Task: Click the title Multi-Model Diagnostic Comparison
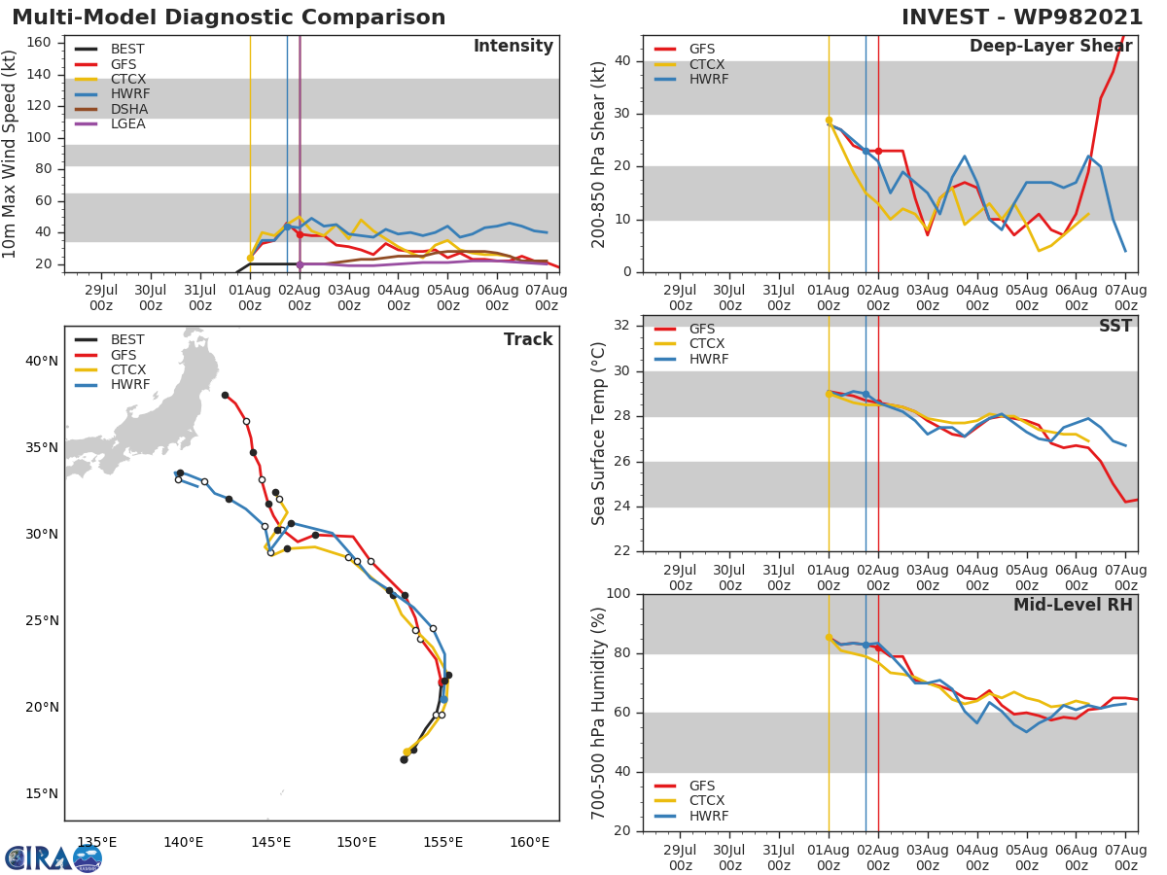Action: [x=229, y=17]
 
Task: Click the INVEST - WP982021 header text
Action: [x=1021, y=17]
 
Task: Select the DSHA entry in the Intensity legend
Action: [x=128, y=109]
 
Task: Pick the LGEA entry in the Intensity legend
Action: [x=128, y=124]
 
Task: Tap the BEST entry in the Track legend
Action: [x=127, y=339]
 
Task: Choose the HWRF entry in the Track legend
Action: [x=129, y=385]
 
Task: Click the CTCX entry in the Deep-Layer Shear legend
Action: [x=708, y=64]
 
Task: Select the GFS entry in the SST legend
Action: [x=703, y=329]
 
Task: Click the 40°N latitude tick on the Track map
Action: [x=41, y=362]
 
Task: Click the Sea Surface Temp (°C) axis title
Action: [x=599, y=433]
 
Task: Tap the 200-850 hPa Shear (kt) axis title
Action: [x=599, y=154]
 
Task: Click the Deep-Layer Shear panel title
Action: [x=1050, y=47]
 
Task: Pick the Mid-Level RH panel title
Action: [x=1073, y=605]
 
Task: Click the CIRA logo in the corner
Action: [x=53, y=857]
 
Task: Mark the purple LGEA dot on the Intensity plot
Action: [x=300, y=264]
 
